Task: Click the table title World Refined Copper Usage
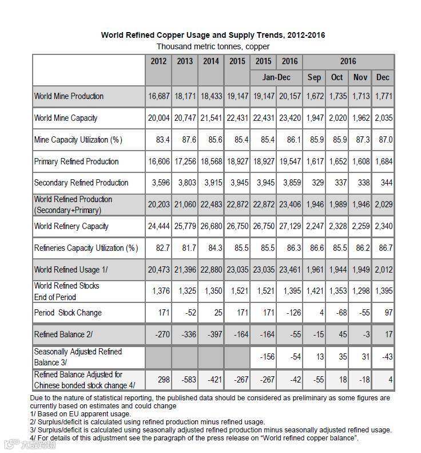click(213, 35)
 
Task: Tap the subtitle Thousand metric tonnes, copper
click(213, 46)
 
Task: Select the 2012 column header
click(158, 61)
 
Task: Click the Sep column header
click(314, 77)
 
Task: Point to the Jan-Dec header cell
click(276, 77)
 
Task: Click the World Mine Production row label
click(69, 96)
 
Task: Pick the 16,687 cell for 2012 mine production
click(158, 96)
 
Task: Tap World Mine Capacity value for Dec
click(383, 118)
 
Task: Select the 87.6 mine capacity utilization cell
click(185, 140)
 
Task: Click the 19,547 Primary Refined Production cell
click(289, 161)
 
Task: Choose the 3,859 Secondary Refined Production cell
click(289, 183)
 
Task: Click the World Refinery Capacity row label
click(72, 226)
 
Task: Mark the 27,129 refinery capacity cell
click(289, 226)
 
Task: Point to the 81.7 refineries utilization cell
click(185, 247)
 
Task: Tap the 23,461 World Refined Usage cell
click(289, 269)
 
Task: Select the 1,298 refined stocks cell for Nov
click(360, 291)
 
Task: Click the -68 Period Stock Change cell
click(337, 313)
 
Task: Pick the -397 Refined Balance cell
click(210, 334)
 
